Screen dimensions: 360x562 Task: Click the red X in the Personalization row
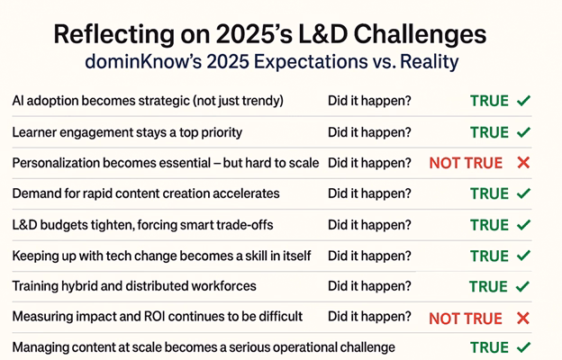pos(523,163)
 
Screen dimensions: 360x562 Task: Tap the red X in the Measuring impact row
pos(523,318)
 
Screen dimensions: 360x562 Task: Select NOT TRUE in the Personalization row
pos(466,163)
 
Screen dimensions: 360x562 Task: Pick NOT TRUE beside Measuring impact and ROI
pos(466,318)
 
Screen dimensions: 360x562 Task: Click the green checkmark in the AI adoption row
pos(523,101)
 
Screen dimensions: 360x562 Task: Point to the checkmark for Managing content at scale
pos(523,347)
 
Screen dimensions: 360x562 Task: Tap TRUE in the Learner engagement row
pos(489,132)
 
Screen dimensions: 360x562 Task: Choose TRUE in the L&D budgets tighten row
pos(489,225)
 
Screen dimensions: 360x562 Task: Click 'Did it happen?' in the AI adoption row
pos(369,101)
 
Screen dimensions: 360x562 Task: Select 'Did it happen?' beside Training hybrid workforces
pos(369,286)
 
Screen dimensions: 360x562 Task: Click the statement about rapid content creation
pos(146,193)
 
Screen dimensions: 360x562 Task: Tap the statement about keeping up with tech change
pos(161,256)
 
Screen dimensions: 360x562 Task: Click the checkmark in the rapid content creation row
pos(523,193)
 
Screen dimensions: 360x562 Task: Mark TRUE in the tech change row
pos(489,256)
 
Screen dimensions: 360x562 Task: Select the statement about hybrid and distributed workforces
pos(134,286)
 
